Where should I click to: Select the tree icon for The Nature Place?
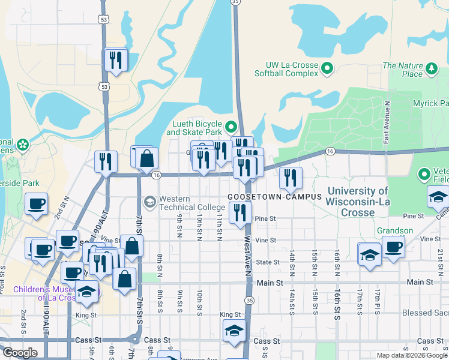click(431, 69)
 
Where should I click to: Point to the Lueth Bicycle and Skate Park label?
click(194, 128)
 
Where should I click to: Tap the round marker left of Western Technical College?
click(149, 202)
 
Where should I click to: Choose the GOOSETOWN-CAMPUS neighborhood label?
click(271, 197)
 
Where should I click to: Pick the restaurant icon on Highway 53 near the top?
click(115, 59)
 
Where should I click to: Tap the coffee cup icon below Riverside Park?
click(37, 204)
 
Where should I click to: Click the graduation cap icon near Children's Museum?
click(88, 292)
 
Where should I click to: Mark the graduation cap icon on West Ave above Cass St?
click(234, 331)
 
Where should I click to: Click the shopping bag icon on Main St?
click(124, 280)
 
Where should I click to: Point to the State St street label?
click(268, 262)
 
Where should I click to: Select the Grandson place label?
click(395, 230)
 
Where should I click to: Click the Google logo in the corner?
click(20, 353)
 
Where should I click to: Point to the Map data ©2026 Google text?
click(412, 355)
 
